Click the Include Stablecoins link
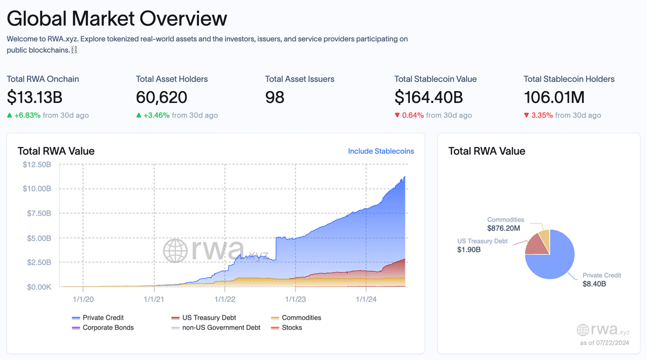pyautogui.click(x=381, y=151)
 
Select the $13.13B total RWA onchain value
pyautogui.click(x=35, y=98)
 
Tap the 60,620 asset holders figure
pyautogui.click(x=162, y=98)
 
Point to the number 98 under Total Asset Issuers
pyautogui.click(x=275, y=98)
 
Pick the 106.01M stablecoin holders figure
pyautogui.click(x=554, y=98)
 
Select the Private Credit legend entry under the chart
pyautogui.click(x=102, y=317)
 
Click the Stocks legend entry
pyautogui.click(x=292, y=327)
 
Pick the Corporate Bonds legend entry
pyautogui.click(x=108, y=327)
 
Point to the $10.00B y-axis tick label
pyautogui.click(x=37, y=189)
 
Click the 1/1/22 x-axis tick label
pyautogui.click(x=224, y=298)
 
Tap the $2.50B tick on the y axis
pyautogui.click(x=38, y=262)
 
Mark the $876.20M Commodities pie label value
pyautogui.click(x=505, y=229)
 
